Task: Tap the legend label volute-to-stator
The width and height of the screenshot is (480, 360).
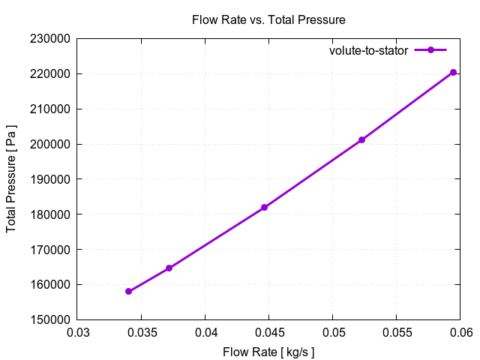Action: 368,50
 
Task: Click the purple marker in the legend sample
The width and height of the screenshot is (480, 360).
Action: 430,50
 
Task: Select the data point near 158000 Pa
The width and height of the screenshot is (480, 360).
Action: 129,291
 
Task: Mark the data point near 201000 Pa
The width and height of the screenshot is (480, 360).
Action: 361,139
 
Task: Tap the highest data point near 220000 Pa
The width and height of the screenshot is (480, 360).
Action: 453,72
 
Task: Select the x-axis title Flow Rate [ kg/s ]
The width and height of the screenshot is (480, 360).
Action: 268,352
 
